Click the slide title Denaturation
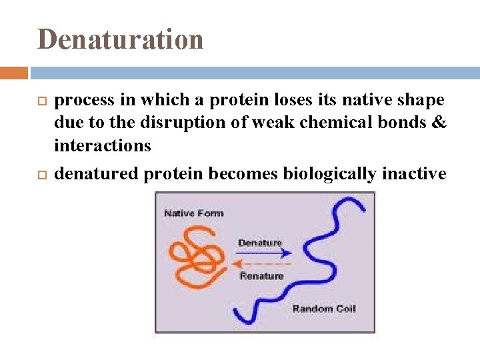pyautogui.click(x=121, y=39)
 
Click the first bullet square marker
pyautogui.click(x=38, y=101)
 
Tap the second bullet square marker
pyautogui.click(x=38, y=174)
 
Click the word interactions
pyautogui.click(x=103, y=145)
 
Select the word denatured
pyautogui.click(x=97, y=174)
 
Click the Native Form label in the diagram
pyautogui.click(x=193, y=213)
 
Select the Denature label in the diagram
pyautogui.click(x=260, y=243)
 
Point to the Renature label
pyautogui.click(x=261, y=275)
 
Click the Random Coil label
pyautogui.click(x=324, y=308)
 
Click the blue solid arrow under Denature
pyautogui.click(x=264, y=253)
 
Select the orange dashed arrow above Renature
pyautogui.click(x=264, y=264)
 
